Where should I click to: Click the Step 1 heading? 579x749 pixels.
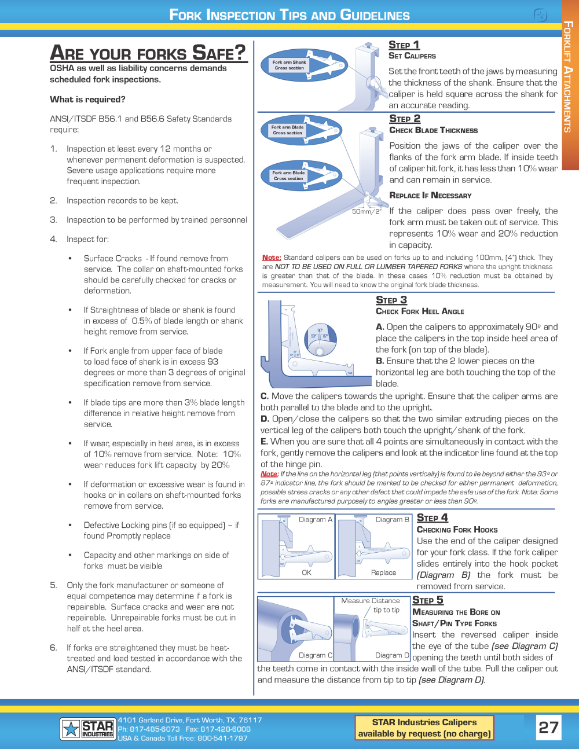coord(404,45)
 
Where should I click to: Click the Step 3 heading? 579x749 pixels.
coord(391,300)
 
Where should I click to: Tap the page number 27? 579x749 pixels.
coord(548,727)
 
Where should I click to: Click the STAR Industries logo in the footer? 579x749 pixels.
coord(87,729)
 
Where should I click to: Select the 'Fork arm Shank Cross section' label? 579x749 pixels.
coord(289,65)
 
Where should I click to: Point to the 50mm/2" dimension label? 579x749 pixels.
coord(367,211)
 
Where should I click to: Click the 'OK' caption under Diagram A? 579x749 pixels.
coord(306,572)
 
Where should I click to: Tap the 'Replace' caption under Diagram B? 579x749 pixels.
coord(383,572)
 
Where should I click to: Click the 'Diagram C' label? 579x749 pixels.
coord(316,655)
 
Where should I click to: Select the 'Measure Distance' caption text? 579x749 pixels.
coord(371,601)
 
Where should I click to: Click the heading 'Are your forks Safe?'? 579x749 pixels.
coord(148,53)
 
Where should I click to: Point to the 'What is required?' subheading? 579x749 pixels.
coord(87,100)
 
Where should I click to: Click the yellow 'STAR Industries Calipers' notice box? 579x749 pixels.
coord(424,728)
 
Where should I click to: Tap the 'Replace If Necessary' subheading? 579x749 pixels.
coord(430,196)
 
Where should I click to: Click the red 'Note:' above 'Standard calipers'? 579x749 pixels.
coord(271,258)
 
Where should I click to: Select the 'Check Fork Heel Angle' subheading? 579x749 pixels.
coord(420,311)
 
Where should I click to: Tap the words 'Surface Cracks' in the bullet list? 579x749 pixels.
coord(112,259)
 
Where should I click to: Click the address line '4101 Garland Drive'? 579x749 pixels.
coord(189,720)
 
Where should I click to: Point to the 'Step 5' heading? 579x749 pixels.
coord(427,600)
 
